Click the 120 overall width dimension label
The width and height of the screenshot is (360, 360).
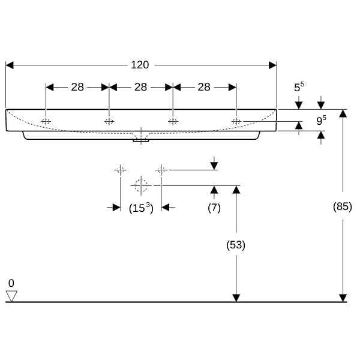140,65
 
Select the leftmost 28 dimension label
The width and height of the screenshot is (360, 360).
77,87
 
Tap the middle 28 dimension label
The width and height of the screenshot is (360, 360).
141,87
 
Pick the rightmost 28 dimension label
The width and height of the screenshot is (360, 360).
204,87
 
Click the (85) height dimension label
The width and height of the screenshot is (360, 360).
343,206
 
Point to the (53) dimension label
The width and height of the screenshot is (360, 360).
236,245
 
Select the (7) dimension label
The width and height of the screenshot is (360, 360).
214,208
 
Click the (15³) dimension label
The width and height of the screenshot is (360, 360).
141,208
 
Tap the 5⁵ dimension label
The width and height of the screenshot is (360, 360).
299,86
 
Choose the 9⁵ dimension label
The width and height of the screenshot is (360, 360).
321,120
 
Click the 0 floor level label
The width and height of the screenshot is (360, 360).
11,283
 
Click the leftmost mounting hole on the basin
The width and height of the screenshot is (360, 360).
46,121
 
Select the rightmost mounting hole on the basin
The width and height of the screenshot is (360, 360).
236,121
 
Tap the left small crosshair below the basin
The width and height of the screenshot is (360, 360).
121,170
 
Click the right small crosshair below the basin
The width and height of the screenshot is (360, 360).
161,170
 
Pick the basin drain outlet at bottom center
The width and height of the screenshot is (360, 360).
141,140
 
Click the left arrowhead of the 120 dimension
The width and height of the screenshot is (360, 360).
10,65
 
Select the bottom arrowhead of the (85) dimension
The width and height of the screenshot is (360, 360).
343,298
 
